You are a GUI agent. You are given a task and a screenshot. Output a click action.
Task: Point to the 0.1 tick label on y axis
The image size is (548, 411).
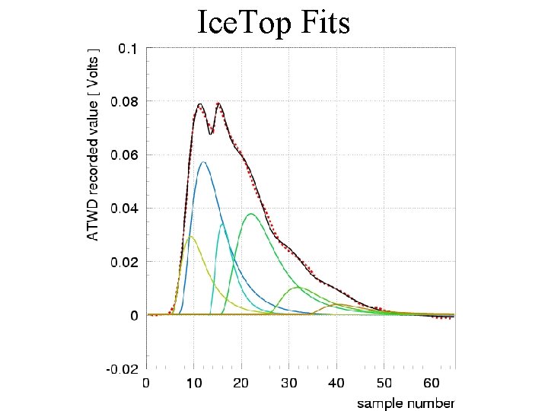pos(129,49)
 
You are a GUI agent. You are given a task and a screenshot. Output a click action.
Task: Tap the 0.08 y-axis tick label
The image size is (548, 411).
pos(124,102)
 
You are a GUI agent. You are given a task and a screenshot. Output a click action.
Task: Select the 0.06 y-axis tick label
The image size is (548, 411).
pos(124,155)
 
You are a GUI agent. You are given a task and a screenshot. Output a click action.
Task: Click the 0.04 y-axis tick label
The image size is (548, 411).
pos(124,209)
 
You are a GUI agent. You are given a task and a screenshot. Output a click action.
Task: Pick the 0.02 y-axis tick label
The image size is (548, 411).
pos(124,262)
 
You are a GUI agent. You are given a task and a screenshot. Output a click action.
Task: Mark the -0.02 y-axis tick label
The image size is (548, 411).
pos(123,369)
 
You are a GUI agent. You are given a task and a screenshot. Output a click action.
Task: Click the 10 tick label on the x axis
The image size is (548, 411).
pos(193,384)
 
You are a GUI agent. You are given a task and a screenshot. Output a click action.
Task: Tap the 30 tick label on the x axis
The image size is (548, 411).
pos(289,384)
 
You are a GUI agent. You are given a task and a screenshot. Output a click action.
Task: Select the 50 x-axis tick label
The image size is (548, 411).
pos(384,384)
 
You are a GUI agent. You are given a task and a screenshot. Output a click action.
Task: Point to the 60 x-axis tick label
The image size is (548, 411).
pos(432,384)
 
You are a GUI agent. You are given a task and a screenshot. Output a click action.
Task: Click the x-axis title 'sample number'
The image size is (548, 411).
pos(406,403)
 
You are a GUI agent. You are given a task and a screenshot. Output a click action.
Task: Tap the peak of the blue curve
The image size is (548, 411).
pos(203,162)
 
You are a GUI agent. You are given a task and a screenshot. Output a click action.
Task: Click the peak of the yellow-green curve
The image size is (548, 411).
pos(190,237)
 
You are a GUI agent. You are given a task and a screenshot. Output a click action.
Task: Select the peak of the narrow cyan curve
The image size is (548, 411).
pos(222,225)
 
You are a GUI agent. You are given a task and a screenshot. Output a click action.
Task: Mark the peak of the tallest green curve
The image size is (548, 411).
pos(251,214)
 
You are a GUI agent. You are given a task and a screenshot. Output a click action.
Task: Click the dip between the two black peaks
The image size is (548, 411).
pos(210,134)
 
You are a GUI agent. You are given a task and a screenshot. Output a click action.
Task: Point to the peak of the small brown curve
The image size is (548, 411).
pos(338,304)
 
